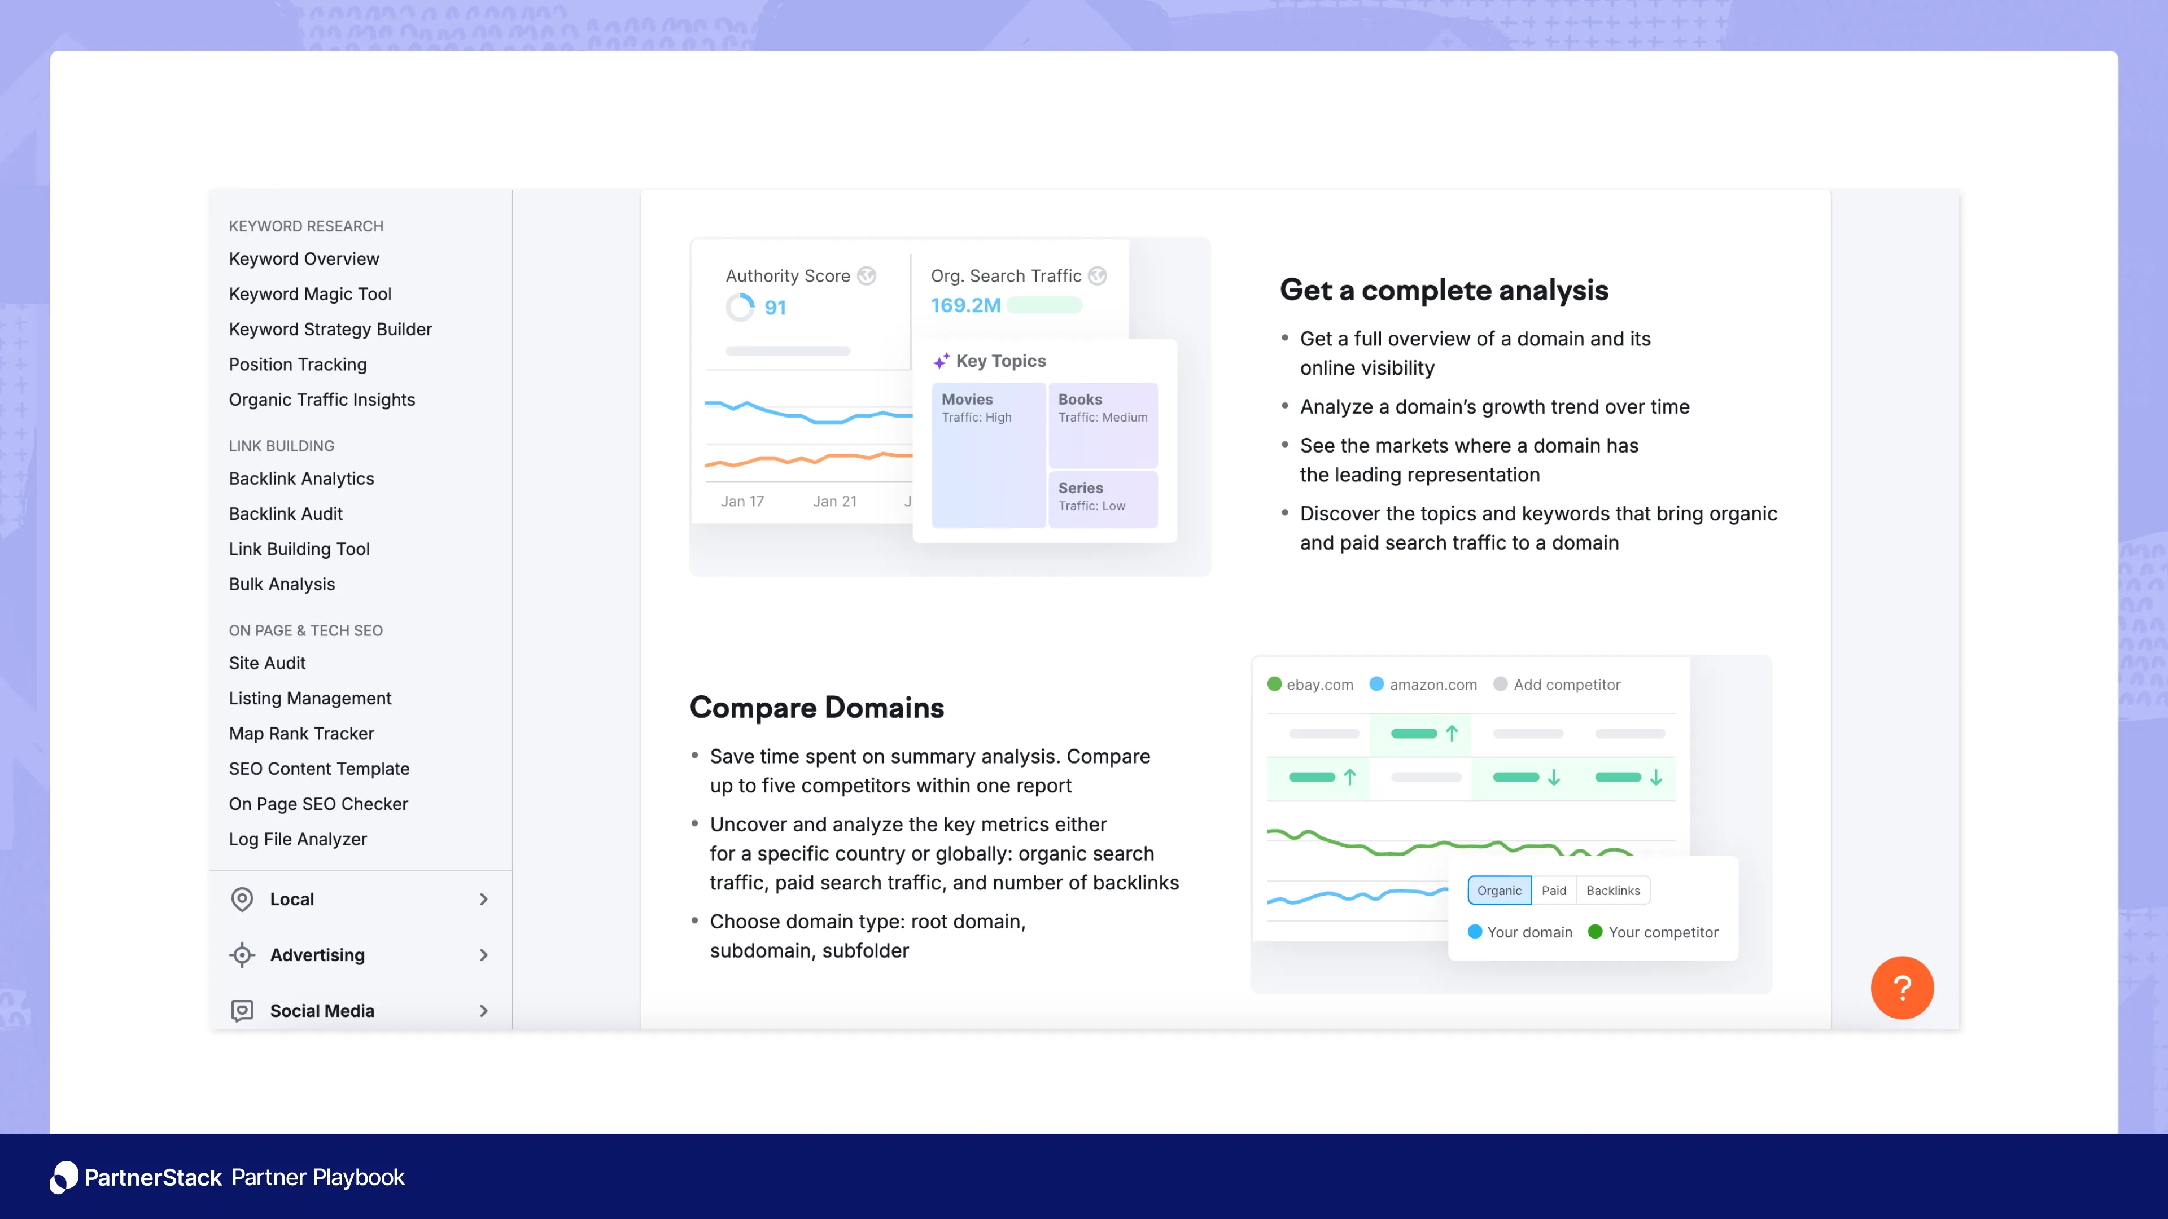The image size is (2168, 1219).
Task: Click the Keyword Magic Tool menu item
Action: pos(310,293)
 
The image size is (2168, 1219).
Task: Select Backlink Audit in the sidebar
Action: pos(285,513)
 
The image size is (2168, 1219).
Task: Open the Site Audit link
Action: pos(267,663)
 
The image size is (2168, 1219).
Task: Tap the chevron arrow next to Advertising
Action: pos(484,955)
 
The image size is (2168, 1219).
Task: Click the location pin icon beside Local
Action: pos(242,900)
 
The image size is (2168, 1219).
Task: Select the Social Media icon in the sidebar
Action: pos(242,1010)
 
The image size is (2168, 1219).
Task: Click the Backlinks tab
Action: pos(1612,890)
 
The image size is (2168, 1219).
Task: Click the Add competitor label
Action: pos(1566,685)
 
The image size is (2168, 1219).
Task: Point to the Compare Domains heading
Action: pos(816,708)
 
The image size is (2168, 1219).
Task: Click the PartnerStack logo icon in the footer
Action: pos(64,1177)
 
